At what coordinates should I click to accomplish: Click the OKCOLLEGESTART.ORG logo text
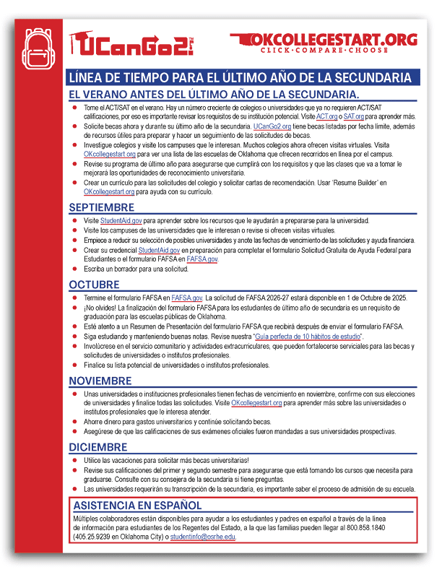(324, 39)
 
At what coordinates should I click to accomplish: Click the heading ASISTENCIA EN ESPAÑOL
(138, 506)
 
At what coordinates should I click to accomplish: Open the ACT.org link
(326, 116)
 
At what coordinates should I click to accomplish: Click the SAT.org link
(354, 116)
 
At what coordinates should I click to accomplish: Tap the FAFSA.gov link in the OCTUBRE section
(186, 298)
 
